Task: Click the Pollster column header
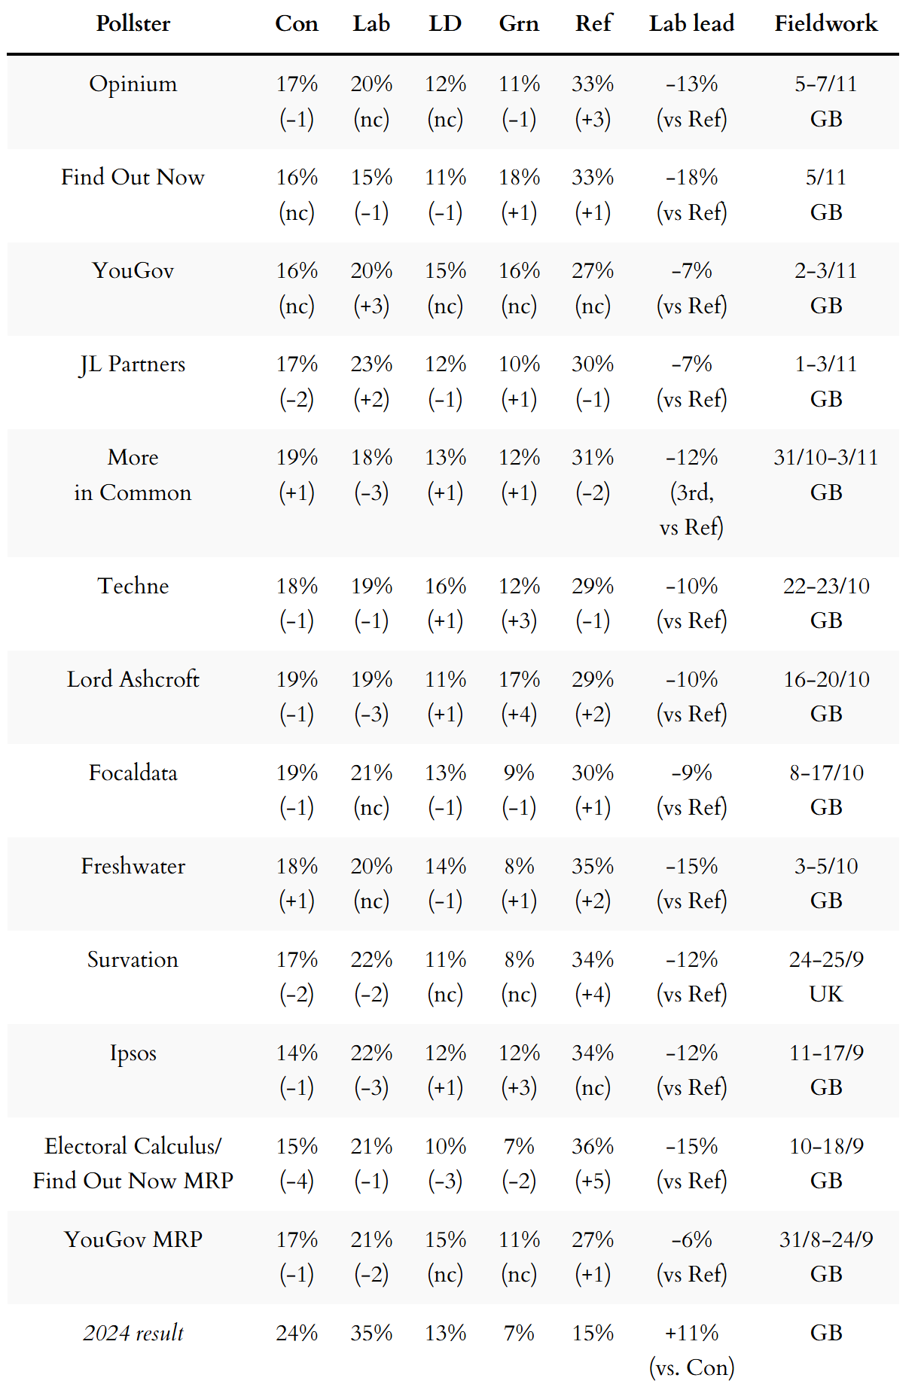(x=133, y=23)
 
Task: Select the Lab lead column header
(x=691, y=23)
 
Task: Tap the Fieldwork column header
(x=825, y=23)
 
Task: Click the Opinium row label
(x=133, y=84)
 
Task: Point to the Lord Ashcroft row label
(x=133, y=679)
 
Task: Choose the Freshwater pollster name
(x=133, y=866)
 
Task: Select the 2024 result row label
(x=133, y=1333)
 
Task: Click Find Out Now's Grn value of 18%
(x=519, y=177)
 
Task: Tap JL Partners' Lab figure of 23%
(x=371, y=364)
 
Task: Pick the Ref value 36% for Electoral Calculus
(x=593, y=1146)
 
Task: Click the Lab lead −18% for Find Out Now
(x=691, y=177)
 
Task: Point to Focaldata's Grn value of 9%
(x=519, y=773)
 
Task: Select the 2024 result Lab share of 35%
(x=371, y=1333)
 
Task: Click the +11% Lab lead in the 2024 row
(x=691, y=1333)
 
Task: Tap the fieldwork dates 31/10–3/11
(x=825, y=457)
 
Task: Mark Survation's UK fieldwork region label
(x=825, y=994)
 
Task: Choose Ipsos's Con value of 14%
(x=297, y=1053)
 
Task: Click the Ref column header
(x=593, y=23)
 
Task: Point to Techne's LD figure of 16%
(x=445, y=586)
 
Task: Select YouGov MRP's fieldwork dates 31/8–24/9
(x=825, y=1239)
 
